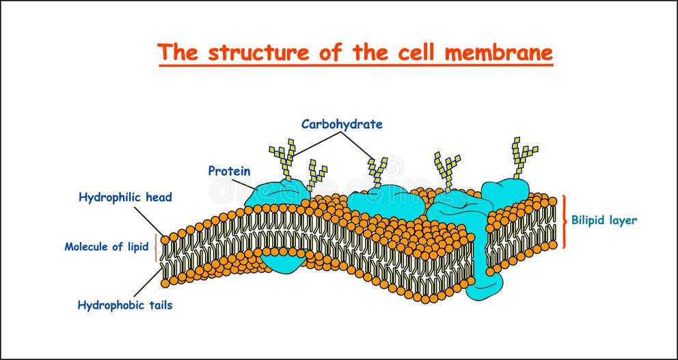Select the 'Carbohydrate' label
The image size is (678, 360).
[342, 124]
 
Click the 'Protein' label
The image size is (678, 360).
[229, 171]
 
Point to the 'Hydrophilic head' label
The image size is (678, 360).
[125, 197]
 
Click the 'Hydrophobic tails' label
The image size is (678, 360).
[125, 305]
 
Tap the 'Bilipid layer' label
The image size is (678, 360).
[604, 221]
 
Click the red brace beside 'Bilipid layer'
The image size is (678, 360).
[565, 221]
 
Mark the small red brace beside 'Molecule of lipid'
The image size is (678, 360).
[157, 247]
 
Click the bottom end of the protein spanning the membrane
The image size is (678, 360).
[485, 288]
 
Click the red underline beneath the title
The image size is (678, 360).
[355, 66]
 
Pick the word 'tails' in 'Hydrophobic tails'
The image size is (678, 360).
[159, 305]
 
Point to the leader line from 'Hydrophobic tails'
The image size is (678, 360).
[148, 283]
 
